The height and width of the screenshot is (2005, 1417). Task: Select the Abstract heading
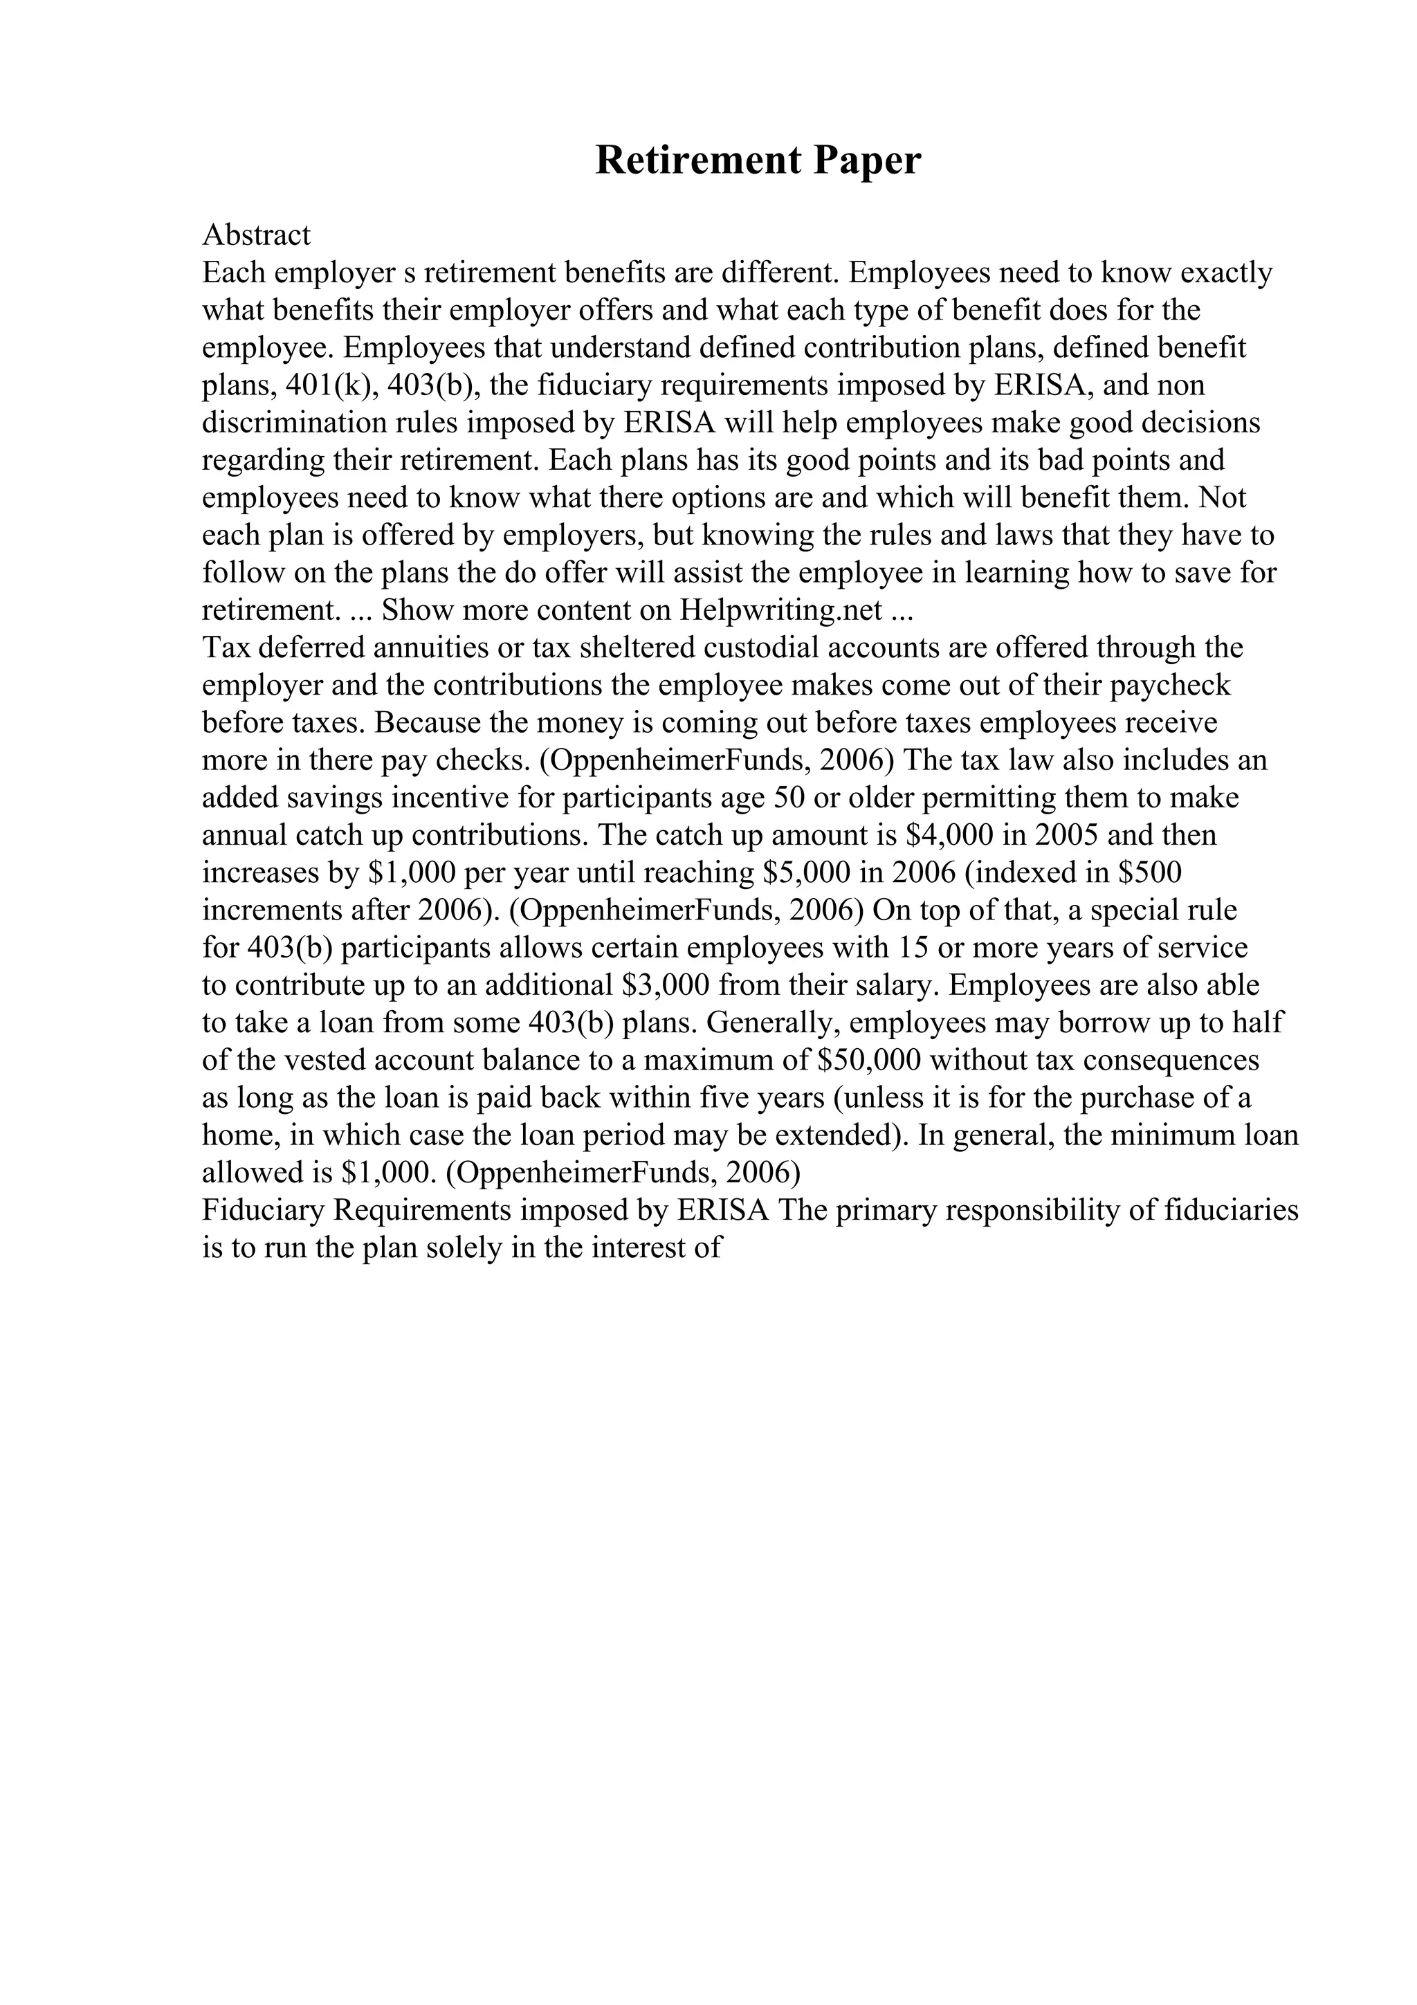tap(256, 235)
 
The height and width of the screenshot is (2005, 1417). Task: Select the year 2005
tap(1065, 835)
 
